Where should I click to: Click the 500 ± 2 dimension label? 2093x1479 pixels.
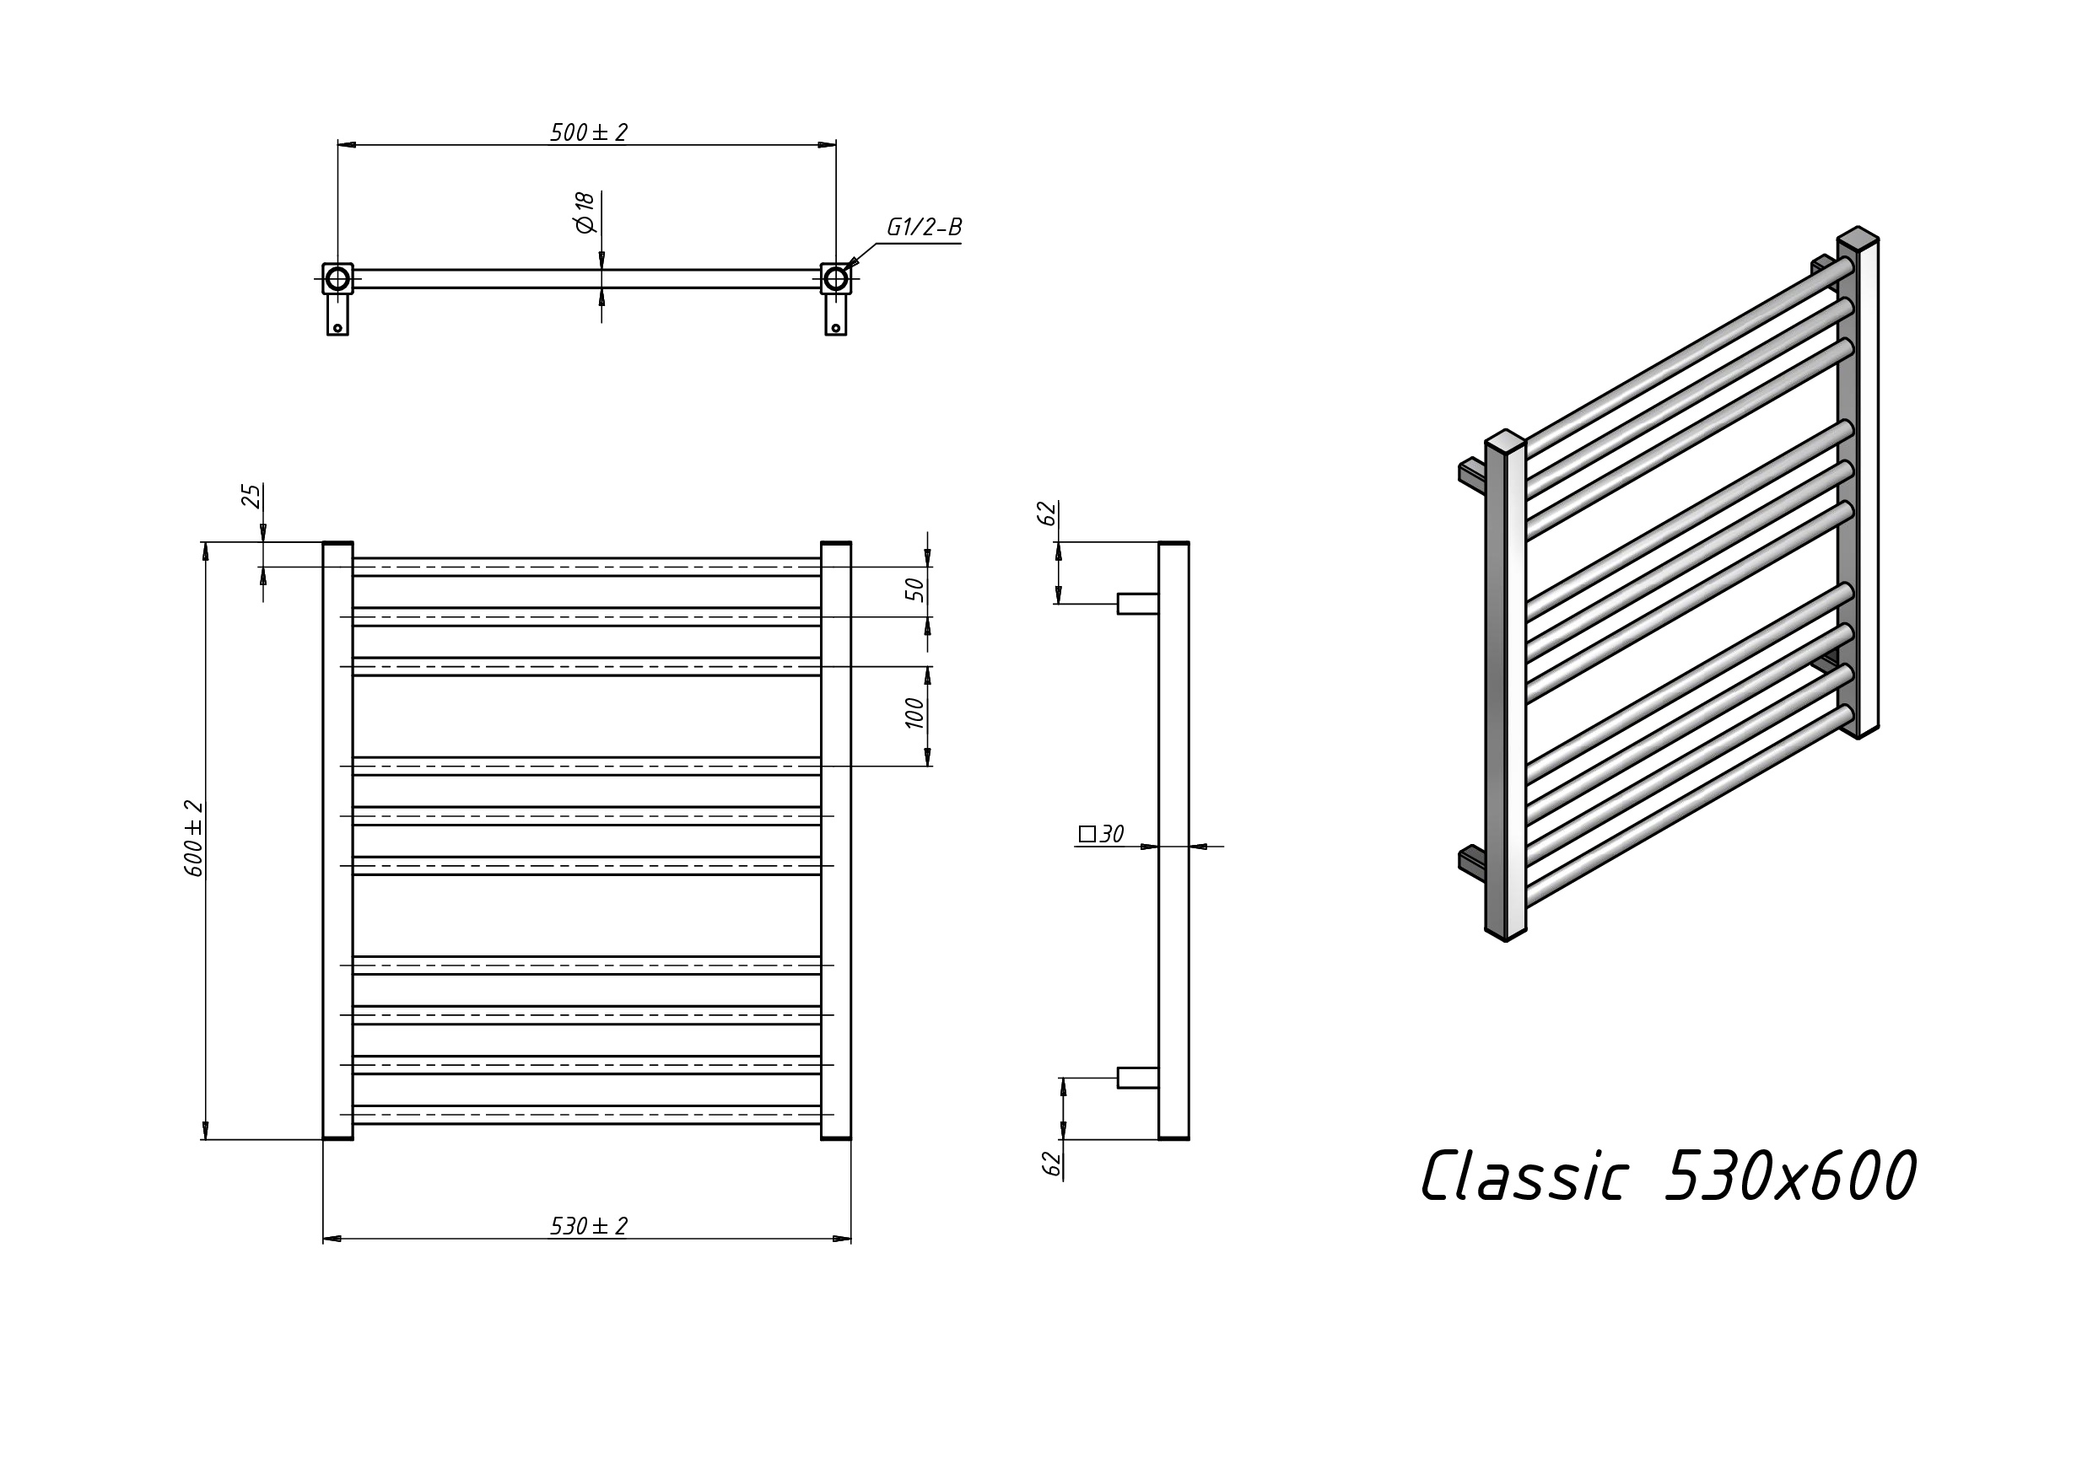click(589, 133)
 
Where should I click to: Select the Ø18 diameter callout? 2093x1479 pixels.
click(585, 212)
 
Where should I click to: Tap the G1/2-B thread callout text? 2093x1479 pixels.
click(924, 227)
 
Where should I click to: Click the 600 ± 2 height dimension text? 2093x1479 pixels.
click(194, 838)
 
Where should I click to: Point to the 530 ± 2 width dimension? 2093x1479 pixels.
click(589, 1227)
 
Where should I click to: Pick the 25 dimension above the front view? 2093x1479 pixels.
click(251, 496)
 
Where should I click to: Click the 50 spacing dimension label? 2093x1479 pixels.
click(915, 589)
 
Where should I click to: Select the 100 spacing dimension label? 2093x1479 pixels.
click(915, 713)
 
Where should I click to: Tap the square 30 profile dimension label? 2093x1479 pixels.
click(1101, 834)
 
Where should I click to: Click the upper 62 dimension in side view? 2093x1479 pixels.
click(1049, 513)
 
